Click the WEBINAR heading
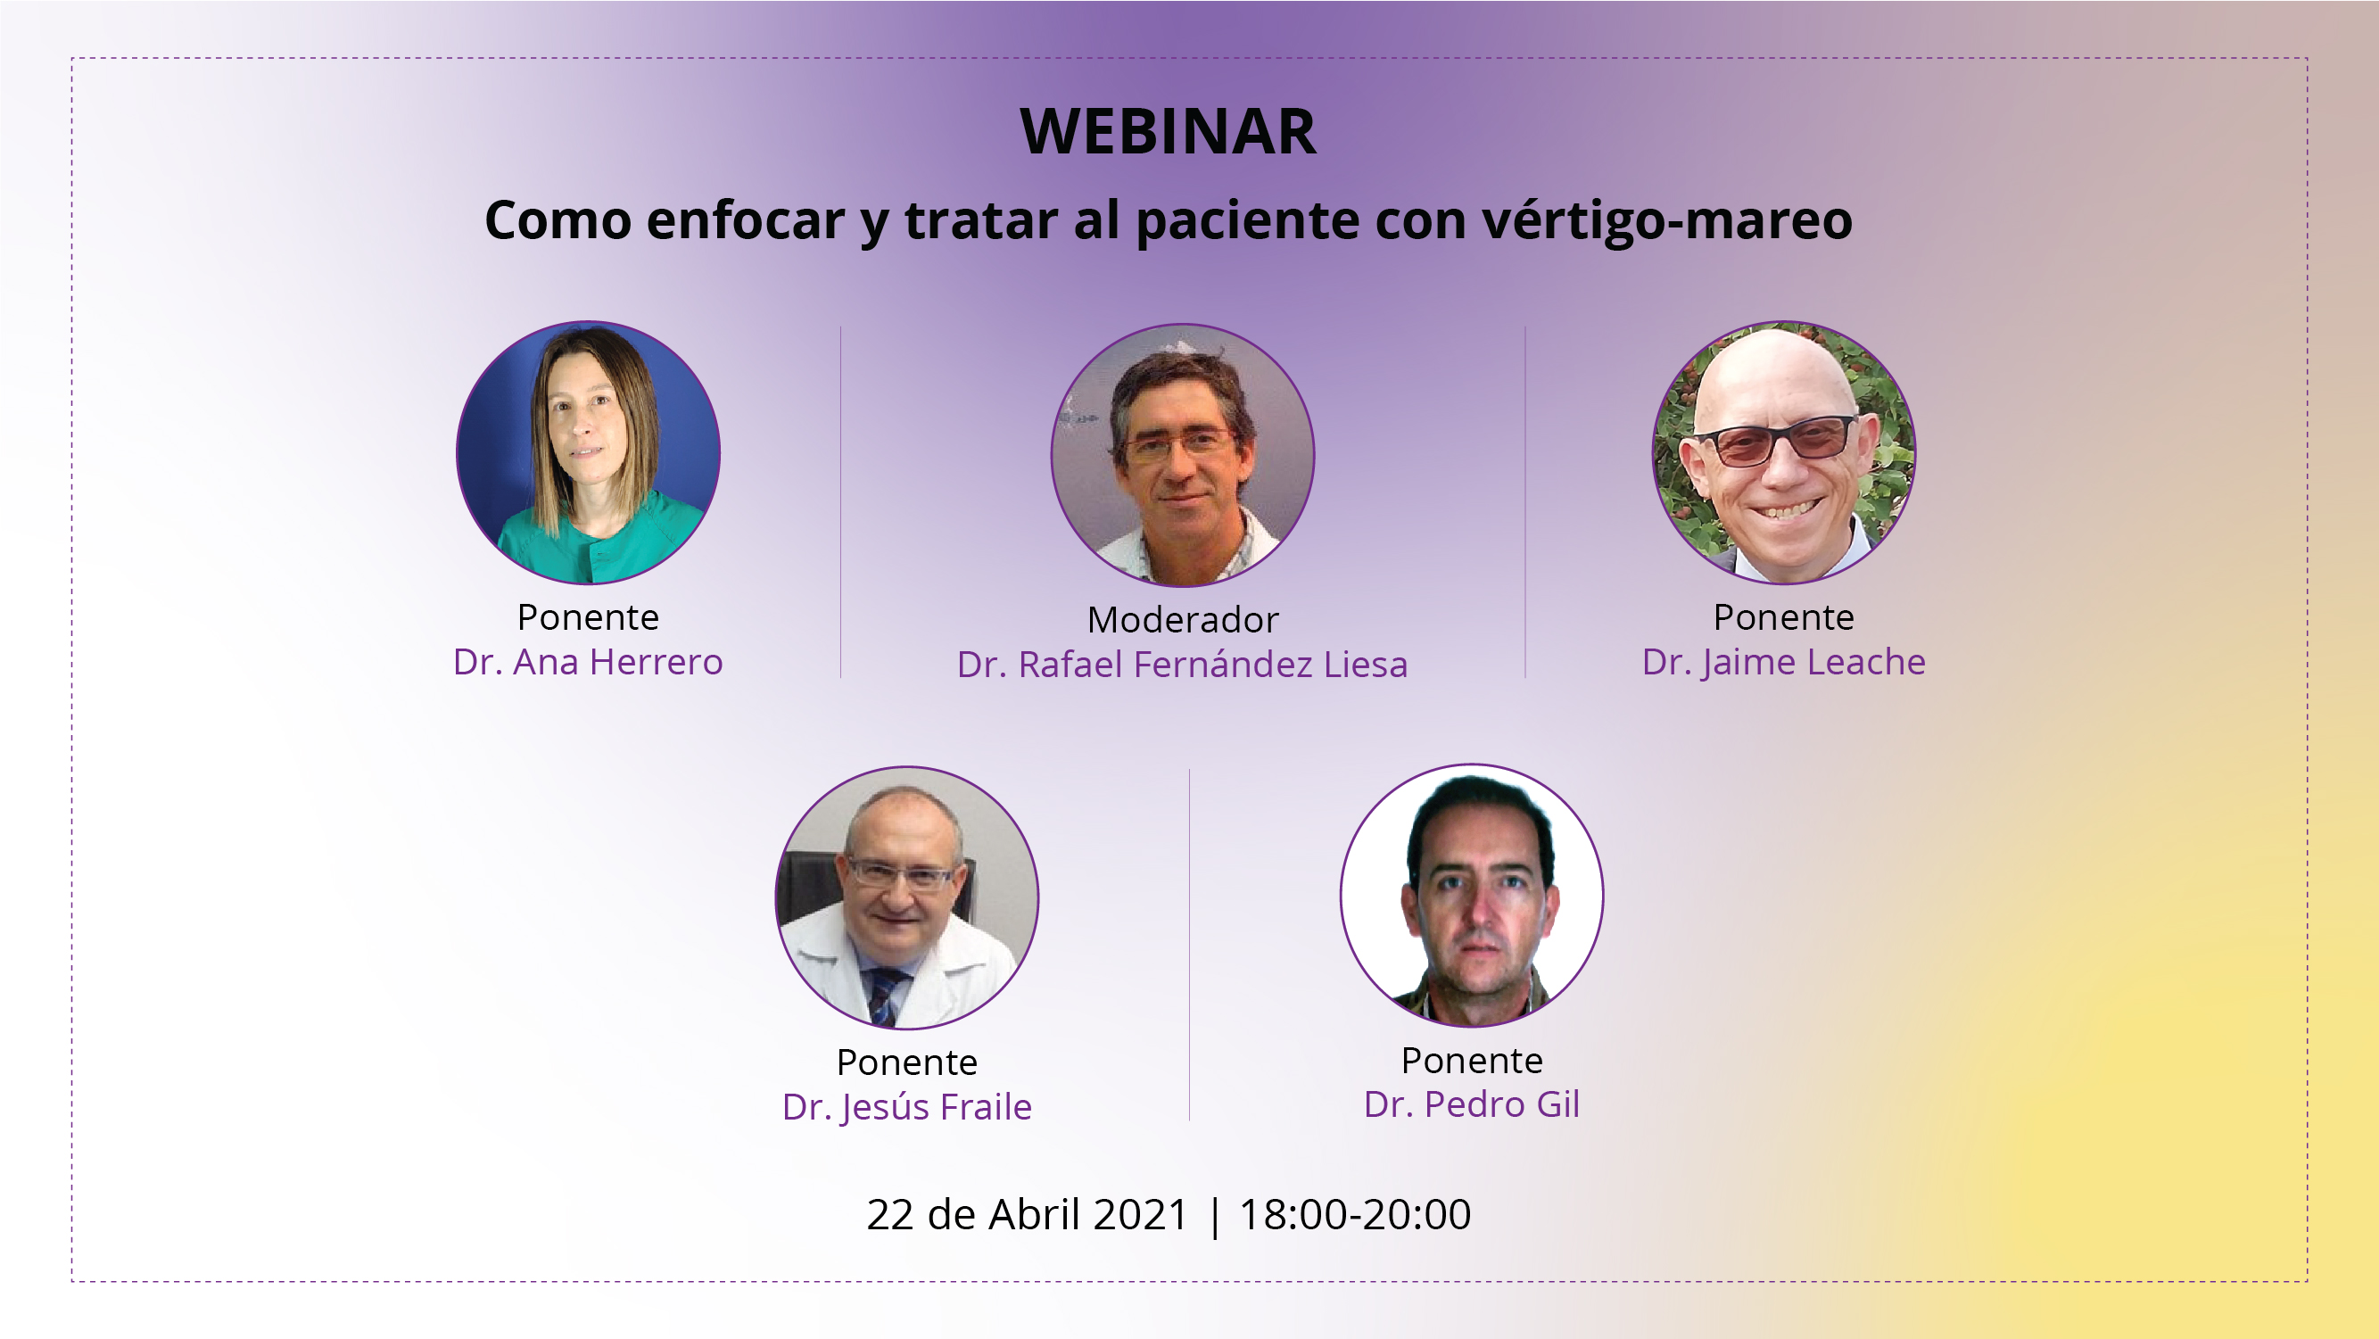(1169, 132)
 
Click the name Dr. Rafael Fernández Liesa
(1182, 665)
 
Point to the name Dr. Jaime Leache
(1783, 663)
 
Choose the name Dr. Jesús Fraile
(907, 1107)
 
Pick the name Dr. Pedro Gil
(1472, 1104)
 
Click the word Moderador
(1183, 620)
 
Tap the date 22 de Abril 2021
(1027, 1214)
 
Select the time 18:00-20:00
(1355, 1214)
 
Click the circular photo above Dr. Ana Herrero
(589, 452)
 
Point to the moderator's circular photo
(1183, 454)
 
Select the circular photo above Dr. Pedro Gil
(1472, 896)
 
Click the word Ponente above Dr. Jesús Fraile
(907, 1062)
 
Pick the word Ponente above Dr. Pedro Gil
(1472, 1061)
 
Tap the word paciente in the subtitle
(1248, 221)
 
